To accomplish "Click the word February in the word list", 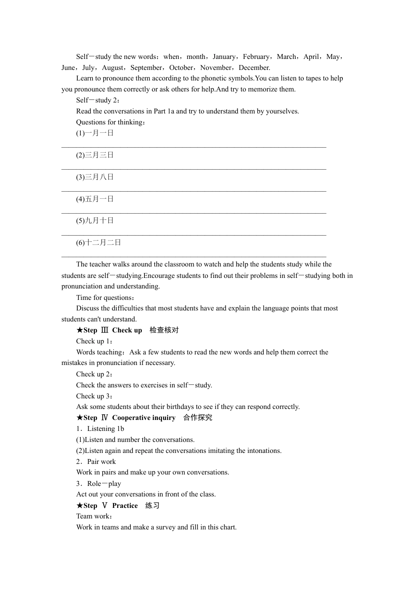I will click(x=256, y=57).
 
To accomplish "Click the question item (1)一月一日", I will click(x=95, y=133).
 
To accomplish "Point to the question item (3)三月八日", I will click(x=95, y=177).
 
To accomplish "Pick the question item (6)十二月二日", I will click(x=98, y=243).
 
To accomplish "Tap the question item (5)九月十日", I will click(x=95, y=221).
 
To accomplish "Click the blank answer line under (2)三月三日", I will click(x=194, y=169).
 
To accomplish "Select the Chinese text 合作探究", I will click(x=198, y=418).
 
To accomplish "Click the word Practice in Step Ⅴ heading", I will click(x=125, y=506).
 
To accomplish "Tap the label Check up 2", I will click(x=94, y=374).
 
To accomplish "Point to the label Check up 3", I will click(x=94, y=396).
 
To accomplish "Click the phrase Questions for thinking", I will click(x=110, y=122).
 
